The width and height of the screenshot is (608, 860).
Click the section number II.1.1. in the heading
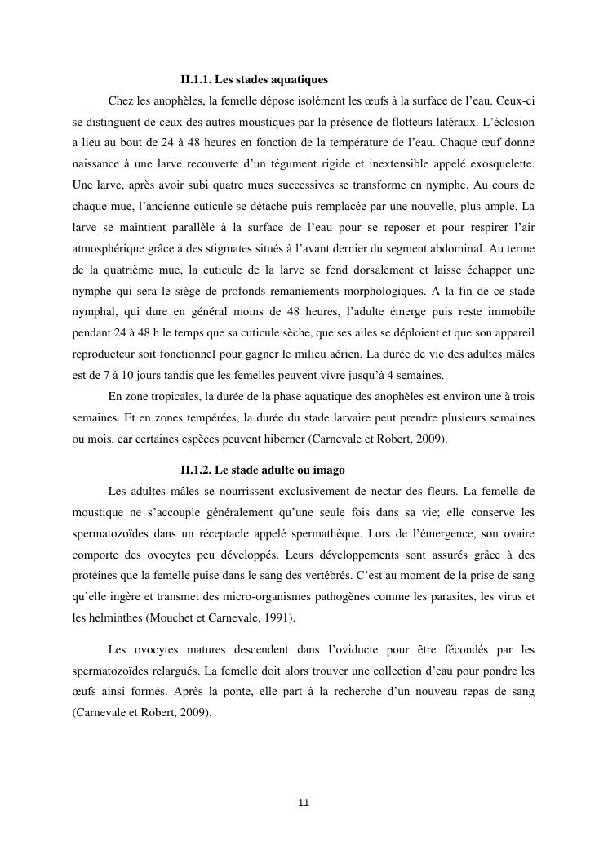point(196,80)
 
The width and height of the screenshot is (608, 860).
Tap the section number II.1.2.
point(196,470)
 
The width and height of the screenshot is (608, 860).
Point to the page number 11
point(304,802)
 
